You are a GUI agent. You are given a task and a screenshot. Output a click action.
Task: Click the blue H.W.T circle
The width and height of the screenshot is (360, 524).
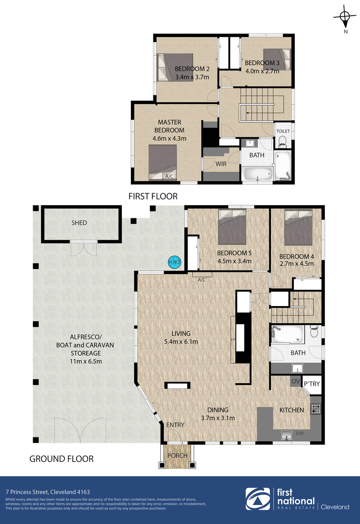(x=175, y=262)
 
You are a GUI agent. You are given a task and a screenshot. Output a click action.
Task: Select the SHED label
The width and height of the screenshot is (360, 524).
(x=79, y=223)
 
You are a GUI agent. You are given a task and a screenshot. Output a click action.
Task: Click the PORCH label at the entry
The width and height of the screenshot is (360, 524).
(x=177, y=456)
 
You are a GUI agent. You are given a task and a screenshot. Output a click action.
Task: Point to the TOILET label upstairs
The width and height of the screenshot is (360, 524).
(x=283, y=131)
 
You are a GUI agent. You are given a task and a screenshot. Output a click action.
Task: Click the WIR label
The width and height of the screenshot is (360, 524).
(x=221, y=164)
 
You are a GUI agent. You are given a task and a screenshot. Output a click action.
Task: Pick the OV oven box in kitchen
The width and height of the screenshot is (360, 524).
(x=296, y=381)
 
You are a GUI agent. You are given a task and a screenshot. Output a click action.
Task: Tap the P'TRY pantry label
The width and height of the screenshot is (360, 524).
(x=312, y=384)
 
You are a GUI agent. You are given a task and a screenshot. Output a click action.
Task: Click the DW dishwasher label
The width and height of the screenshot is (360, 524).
(x=300, y=433)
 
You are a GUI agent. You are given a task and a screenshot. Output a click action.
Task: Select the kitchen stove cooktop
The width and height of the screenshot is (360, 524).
(x=316, y=409)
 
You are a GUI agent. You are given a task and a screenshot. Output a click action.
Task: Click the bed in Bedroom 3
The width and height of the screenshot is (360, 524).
(x=277, y=59)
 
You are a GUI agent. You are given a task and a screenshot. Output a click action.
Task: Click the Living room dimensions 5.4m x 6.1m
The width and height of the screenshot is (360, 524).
(x=181, y=342)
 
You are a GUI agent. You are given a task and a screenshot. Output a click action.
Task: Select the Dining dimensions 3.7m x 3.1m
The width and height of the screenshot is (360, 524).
(x=218, y=418)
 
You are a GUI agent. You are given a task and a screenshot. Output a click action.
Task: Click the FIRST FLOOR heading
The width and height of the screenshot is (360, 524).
(x=153, y=196)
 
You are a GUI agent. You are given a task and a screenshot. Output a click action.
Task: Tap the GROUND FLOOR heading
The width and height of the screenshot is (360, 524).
(x=61, y=459)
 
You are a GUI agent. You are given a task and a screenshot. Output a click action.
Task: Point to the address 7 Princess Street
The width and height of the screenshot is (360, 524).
(x=48, y=492)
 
